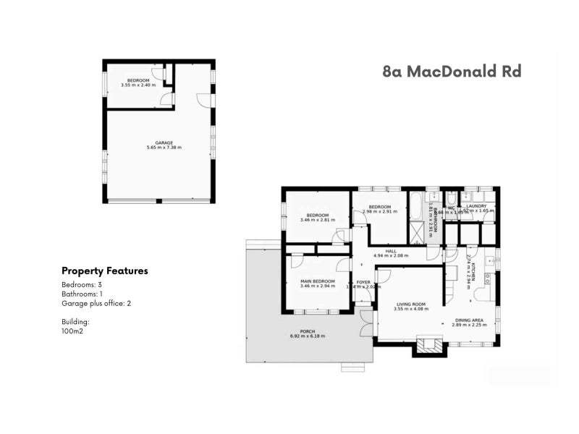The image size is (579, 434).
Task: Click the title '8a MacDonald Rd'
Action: click(x=452, y=71)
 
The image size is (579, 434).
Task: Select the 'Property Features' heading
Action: click(x=105, y=271)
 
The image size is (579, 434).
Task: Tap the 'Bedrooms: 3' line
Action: click(x=81, y=284)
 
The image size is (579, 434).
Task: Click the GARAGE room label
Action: click(x=164, y=142)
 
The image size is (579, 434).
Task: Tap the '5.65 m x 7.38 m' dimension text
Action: click(x=164, y=148)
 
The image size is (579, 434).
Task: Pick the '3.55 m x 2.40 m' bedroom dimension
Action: click(x=138, y=85)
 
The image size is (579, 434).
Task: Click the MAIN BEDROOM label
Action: click(x=318, y=281)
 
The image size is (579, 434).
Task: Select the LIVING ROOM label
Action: click(x=411, y=304)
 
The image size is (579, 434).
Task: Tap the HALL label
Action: click(x=391, y=251)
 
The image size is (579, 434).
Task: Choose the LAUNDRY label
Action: click(x=476, y=206)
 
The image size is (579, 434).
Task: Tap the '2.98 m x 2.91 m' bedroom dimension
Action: click(x=380, y=211)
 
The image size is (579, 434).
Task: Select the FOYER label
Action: click(x=363, y=282)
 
